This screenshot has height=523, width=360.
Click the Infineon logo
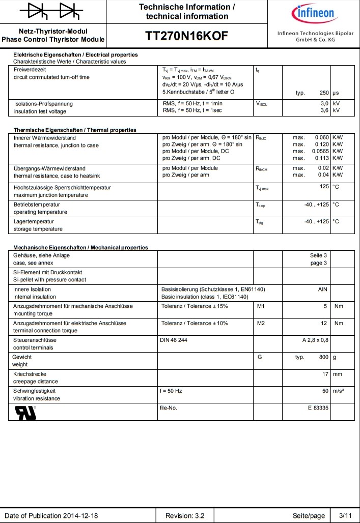point(313,13)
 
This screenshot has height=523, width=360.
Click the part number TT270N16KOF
point(186,36)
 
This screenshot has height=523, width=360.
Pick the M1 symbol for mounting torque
point(261,306)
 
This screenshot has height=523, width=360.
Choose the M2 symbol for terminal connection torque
point(261,323)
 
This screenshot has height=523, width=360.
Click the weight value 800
point(324,357)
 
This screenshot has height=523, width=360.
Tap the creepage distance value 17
point(325,374)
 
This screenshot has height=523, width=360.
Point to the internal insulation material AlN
point(322,289)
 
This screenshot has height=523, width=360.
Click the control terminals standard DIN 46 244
point(174,340)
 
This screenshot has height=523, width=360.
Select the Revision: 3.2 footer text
point(186,516)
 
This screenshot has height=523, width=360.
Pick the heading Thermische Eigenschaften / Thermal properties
point(75,130)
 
